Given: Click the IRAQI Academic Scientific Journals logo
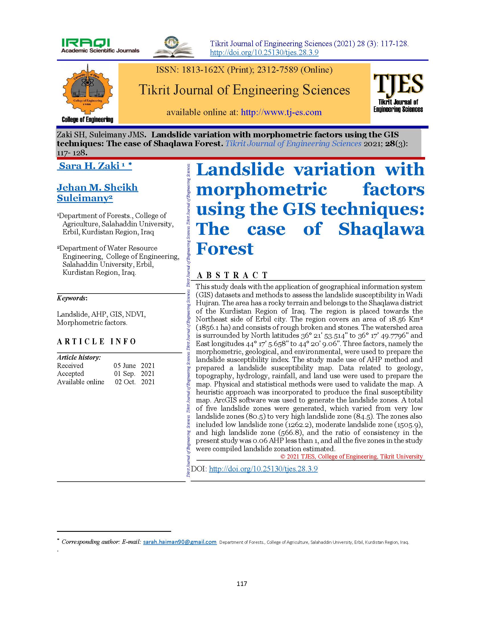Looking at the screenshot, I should (x=100, y=46).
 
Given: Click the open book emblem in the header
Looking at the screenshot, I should (x=173, y=47).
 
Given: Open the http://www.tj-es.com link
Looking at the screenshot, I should (x=281, y=112).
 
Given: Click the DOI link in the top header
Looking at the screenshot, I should (x=264, y=53).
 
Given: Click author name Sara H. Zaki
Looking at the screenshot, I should (x=89, y=166).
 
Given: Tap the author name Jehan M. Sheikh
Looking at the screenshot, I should (x=97, y=188).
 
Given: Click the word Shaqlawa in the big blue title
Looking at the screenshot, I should (x=381, y=229).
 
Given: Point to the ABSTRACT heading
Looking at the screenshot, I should (x=232, y=275).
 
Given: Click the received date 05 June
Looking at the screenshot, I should (x=125, y=366).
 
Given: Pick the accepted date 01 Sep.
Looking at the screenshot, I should (x=125, y=374).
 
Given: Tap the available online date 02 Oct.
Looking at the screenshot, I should (x=125, y=382).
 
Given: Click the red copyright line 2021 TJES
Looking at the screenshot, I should (x=352, y=457).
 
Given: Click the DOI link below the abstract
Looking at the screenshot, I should (x=263, y=469).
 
